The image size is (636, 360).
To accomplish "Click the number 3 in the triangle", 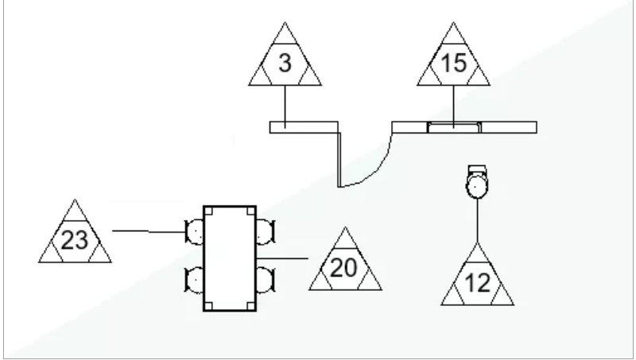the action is [285, 64].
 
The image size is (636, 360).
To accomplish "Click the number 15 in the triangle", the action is [453, 64].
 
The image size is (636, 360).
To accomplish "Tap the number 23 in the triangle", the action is [75, 241].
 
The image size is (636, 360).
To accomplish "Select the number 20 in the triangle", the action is [344, 268].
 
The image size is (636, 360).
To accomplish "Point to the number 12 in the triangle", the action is [478, 283].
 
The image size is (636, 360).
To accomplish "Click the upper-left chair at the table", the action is [195, 232].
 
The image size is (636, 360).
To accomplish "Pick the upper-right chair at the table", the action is [266, 232].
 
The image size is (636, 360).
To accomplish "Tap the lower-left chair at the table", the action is [195, 280].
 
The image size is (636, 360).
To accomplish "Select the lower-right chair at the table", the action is [266, 280].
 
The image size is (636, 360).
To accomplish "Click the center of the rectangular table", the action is [230, 258].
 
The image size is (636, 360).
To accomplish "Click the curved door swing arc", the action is [375, 170].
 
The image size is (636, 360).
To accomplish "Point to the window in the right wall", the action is [454, 127].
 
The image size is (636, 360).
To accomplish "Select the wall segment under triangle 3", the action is [304, 127].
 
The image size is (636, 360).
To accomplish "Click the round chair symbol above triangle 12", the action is [477, 182].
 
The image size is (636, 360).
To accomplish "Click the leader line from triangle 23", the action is [149, 231].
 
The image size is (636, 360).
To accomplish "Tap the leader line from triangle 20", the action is [282, 258].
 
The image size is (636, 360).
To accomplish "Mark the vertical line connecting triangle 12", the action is [478, 221].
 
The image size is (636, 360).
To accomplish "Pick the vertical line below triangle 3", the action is [285, 107].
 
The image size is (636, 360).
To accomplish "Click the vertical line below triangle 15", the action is [453, 107].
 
